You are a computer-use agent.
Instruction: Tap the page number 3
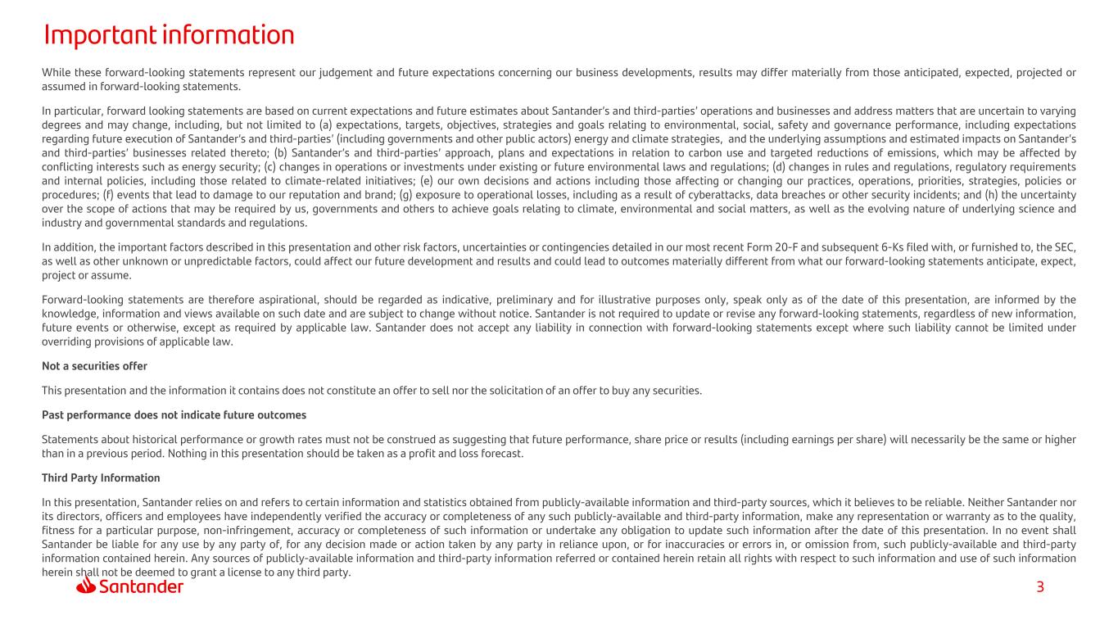(x=1040, y=587)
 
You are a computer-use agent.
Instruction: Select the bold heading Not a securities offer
(x=94, y=366)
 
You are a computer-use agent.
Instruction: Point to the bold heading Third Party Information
(x=101, y=477)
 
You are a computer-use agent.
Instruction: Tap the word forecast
(x=500, y=453)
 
